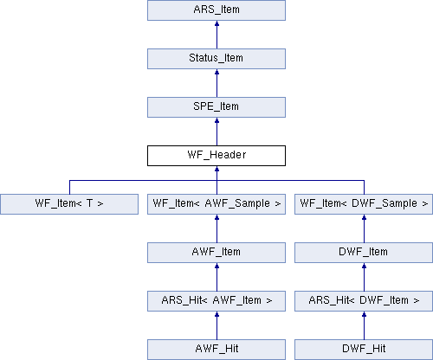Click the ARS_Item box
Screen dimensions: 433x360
216,10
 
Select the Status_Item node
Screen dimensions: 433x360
216,59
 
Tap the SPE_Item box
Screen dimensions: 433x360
216,107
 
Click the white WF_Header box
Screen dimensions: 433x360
216,156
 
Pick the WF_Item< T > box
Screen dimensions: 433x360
69,204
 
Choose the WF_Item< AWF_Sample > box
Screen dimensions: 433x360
216,204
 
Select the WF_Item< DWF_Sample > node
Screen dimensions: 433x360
364,204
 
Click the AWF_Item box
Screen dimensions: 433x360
216,253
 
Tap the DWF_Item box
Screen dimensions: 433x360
364,253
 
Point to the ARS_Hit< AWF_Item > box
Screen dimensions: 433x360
216,301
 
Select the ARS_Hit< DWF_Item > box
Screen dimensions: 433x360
364,301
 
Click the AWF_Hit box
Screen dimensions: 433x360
216,350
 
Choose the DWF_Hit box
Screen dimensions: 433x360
364,350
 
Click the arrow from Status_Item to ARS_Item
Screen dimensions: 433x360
216,35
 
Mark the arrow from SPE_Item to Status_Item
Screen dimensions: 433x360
216,83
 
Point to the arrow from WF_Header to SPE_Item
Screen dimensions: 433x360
216,132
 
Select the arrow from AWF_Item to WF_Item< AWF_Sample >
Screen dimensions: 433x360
216,228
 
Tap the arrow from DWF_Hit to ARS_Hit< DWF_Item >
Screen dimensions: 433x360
364,325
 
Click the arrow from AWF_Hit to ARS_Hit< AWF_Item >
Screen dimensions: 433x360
216,325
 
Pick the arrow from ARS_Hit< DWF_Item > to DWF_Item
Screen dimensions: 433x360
364,277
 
